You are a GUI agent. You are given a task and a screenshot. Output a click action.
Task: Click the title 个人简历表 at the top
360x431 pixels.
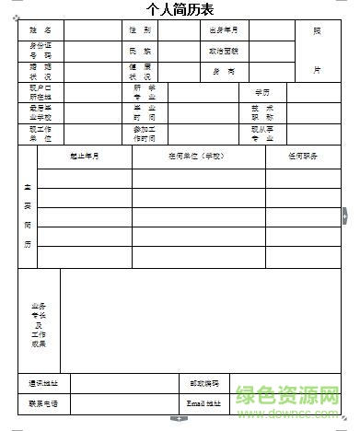pyautogui.click(x=180, y=10)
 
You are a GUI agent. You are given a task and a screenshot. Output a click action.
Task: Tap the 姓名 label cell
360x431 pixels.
pyautogui.click(x=41, y=30)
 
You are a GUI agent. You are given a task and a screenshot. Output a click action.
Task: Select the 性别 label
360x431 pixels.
pyautogui.click(x=140, y=30)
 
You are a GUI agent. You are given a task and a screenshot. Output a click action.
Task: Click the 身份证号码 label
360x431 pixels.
pyautogui.click(x=41, y=51)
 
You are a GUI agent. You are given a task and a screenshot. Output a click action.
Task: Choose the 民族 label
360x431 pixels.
pyautogui.click(x=140, y=52)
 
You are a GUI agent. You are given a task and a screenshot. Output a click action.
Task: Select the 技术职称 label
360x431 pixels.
pyautogui.click(x=261, y=112)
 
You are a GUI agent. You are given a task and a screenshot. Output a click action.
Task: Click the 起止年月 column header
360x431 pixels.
pyautogui.click(x=85, y=157)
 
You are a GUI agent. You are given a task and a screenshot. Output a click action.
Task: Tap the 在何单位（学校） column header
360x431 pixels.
pyautogui.click(x=198, y=157)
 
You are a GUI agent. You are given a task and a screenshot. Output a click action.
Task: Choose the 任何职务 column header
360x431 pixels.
pyautogui.click(x=302, y=157)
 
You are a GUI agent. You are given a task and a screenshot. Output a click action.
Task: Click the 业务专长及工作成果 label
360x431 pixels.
pyautogui.click(x=39, y=324)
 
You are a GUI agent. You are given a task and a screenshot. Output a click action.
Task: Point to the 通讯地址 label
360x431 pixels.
pyautogui.click(x=43, y=383)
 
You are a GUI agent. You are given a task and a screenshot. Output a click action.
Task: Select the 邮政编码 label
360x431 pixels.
pyautogui.click(x=204, y=383)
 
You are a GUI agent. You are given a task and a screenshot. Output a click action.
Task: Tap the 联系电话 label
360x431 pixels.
pyautogui.click(x=43, y=403)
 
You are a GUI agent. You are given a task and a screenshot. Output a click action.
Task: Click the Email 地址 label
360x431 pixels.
pyautogui.click(x=204, y=403)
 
